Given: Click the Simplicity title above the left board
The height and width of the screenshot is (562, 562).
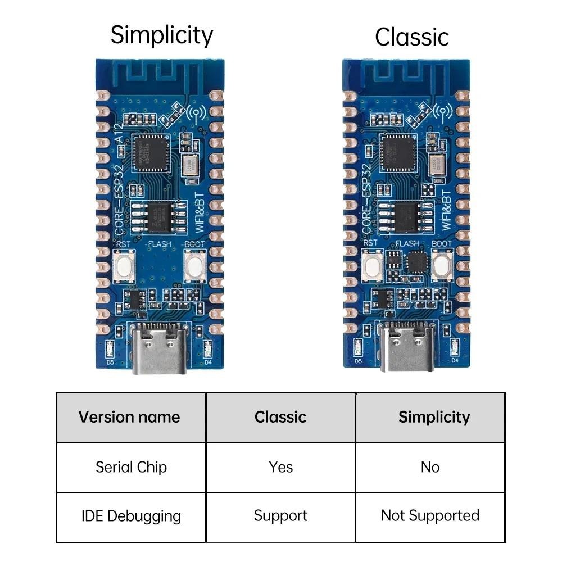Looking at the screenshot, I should pos(162,35).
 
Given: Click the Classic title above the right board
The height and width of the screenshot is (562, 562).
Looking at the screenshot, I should pos(411,37).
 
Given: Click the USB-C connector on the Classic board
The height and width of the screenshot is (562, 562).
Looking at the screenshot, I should pos(408,348).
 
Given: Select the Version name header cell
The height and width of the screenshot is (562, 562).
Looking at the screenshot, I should pos(129,417).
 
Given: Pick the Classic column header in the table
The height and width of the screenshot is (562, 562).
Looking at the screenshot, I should pos(280,417).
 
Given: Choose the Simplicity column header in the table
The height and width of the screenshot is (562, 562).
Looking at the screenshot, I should pos(434,417).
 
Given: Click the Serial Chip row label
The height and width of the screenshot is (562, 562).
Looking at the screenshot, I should pos(131,467).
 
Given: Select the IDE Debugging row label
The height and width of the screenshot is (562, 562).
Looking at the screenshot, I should pos(131,516).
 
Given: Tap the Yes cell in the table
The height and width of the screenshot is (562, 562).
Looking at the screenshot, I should pos(280,467).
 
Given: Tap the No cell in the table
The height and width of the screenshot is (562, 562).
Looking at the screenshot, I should pos(430,467).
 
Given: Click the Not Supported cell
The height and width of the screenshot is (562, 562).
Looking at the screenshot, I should pos(430,515).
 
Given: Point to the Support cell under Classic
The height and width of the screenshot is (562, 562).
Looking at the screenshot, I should pos(280,515).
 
